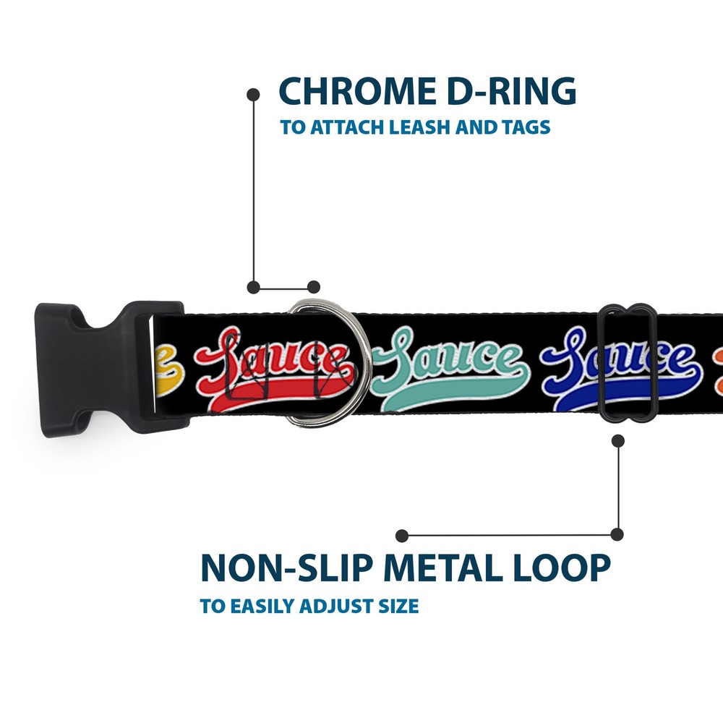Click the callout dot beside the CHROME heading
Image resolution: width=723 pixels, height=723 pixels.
pyautogui.click(x=253, y=94)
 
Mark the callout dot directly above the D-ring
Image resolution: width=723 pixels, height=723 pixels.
pyautogui.click(x=313, y=287)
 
